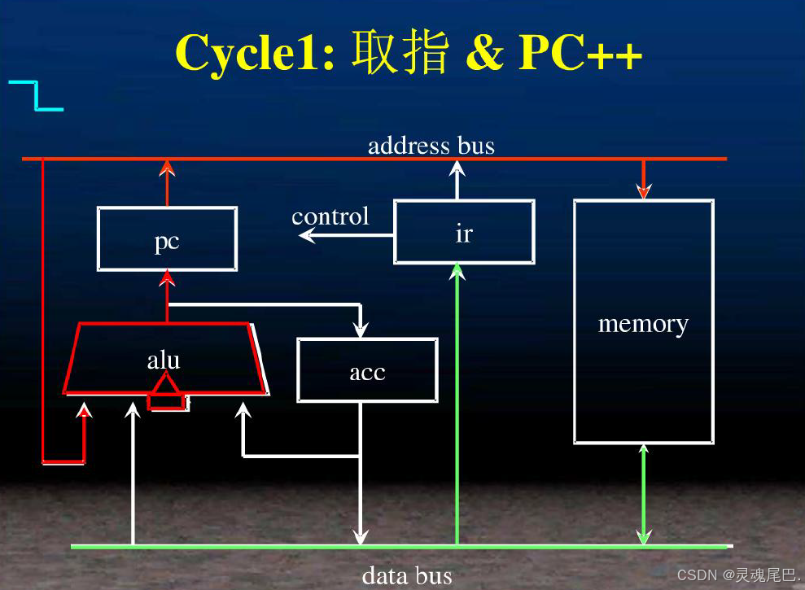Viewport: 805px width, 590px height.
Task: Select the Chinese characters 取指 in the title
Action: tap(400, 54)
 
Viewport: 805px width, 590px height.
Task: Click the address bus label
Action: tap(431, 146)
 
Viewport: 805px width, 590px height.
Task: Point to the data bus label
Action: tap(406, 576)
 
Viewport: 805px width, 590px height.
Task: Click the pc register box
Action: tap(167, 238)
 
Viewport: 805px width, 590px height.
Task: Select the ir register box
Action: tap(464, 232)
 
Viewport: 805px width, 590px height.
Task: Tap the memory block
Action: tap(643, 322)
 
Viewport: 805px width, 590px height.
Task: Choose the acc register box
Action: tap(367, 370)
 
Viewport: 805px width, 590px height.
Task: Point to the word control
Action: tap(330, 216)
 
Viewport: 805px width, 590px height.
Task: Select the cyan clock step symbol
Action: tap(36, 95)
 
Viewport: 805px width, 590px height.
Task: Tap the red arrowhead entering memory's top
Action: tap(643, 191)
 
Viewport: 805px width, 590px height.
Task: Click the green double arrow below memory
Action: tap(643, 494)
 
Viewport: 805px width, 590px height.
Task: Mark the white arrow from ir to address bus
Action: tap(457, 179)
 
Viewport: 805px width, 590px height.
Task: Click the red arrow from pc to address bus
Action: tap(167, 181)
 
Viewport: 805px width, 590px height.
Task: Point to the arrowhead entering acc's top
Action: tap(360, 330)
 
